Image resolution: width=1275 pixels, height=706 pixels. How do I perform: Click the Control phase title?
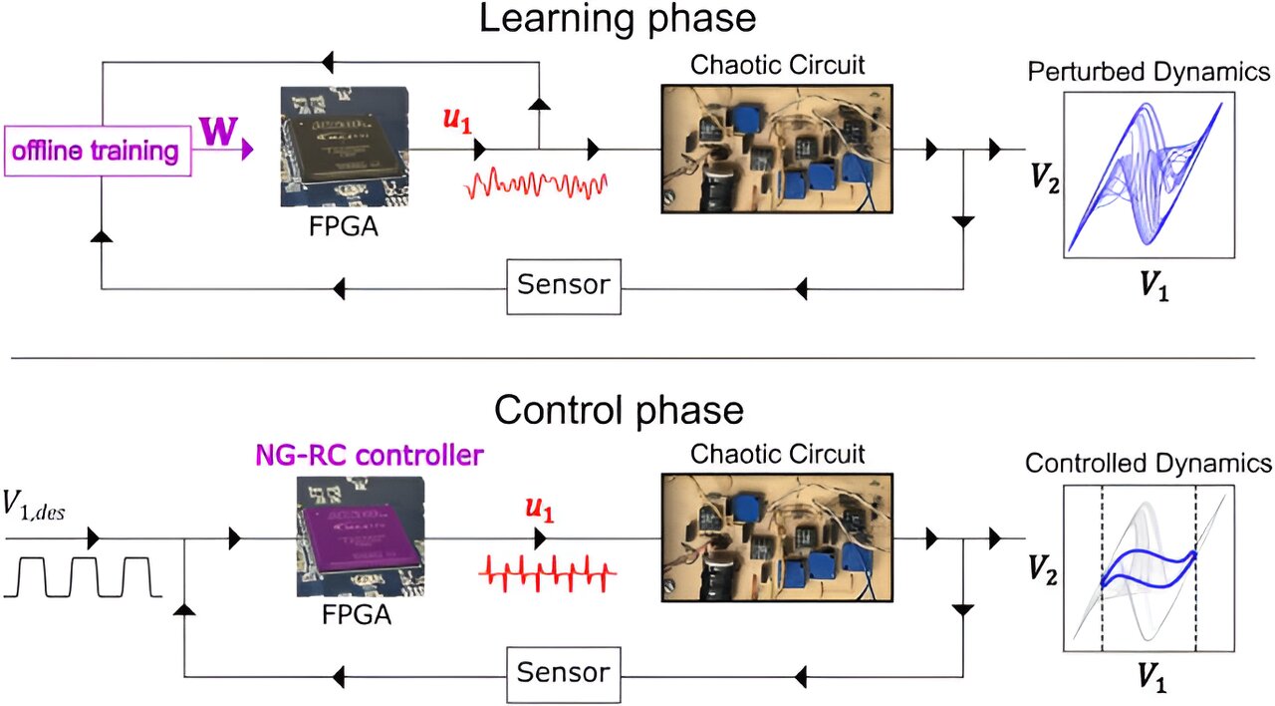coord(619,410)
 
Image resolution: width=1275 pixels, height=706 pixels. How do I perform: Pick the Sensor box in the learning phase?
coord(563,284)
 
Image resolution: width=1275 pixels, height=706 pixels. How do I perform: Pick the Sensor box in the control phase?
coord(563,671)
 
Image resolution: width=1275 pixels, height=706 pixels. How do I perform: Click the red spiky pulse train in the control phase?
coord(548,572)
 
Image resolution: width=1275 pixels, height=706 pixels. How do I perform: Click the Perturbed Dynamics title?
coord(1148,72)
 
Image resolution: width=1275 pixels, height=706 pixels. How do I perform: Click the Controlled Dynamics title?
coord(1148,464)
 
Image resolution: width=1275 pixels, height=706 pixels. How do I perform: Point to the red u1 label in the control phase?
coord(540,511)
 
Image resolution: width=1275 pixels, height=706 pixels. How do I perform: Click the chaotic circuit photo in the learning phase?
coord(776,148)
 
